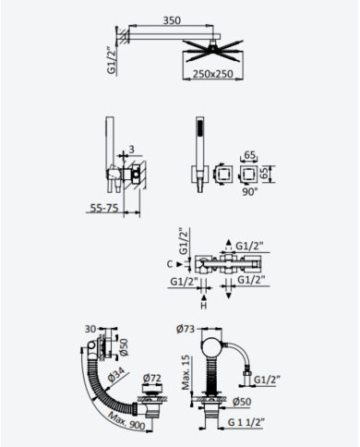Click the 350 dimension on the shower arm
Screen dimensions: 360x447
pyautogui.click(x=172, y=20)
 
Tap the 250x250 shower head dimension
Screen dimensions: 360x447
pyautogui.click(x=212, y=74)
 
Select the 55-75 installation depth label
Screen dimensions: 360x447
pyautogui.click(x=104, y=208)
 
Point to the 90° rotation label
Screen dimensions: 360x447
pyautogui.click(x=250, y=191)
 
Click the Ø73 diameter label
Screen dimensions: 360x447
pyautogui.click(x=186, y=329)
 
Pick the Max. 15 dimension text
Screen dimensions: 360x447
pyautogui.click(x=186, y=372)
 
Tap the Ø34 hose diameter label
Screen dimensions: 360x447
pyautogui.click(x=115, y=375)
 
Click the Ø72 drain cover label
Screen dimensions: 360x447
pyautogui.click(x=152, y=378)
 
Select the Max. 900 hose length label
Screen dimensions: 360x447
pyautogui.click(x=126, y=421)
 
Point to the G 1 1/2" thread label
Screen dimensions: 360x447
pyautogui.click(x=246, y=422)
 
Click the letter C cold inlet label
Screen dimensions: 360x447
pyautogui.click(x=170, y=264)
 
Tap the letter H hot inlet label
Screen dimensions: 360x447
pyautogui.click(x=204, y=306)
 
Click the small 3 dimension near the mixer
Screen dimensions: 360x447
pyautogui.click(x=132, y=150)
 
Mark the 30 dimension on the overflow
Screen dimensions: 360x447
pyautogui.click(x=90, y=329)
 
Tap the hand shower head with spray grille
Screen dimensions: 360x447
pyautogui.click(x=199, y=127)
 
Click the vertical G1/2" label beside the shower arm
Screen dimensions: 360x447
pyautogui.click(x=112, y=61)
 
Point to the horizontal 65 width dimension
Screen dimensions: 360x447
pyautogui.click(x=249, y=154)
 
